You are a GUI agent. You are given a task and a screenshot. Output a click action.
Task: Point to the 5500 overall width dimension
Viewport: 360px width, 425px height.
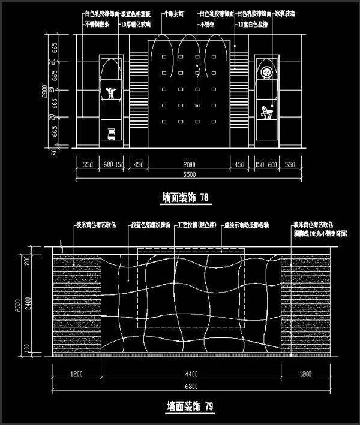(x=189, y=174)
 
